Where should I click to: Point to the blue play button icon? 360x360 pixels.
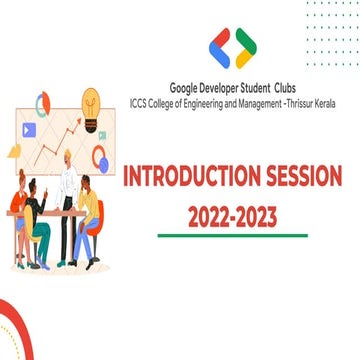coord(29,129)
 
